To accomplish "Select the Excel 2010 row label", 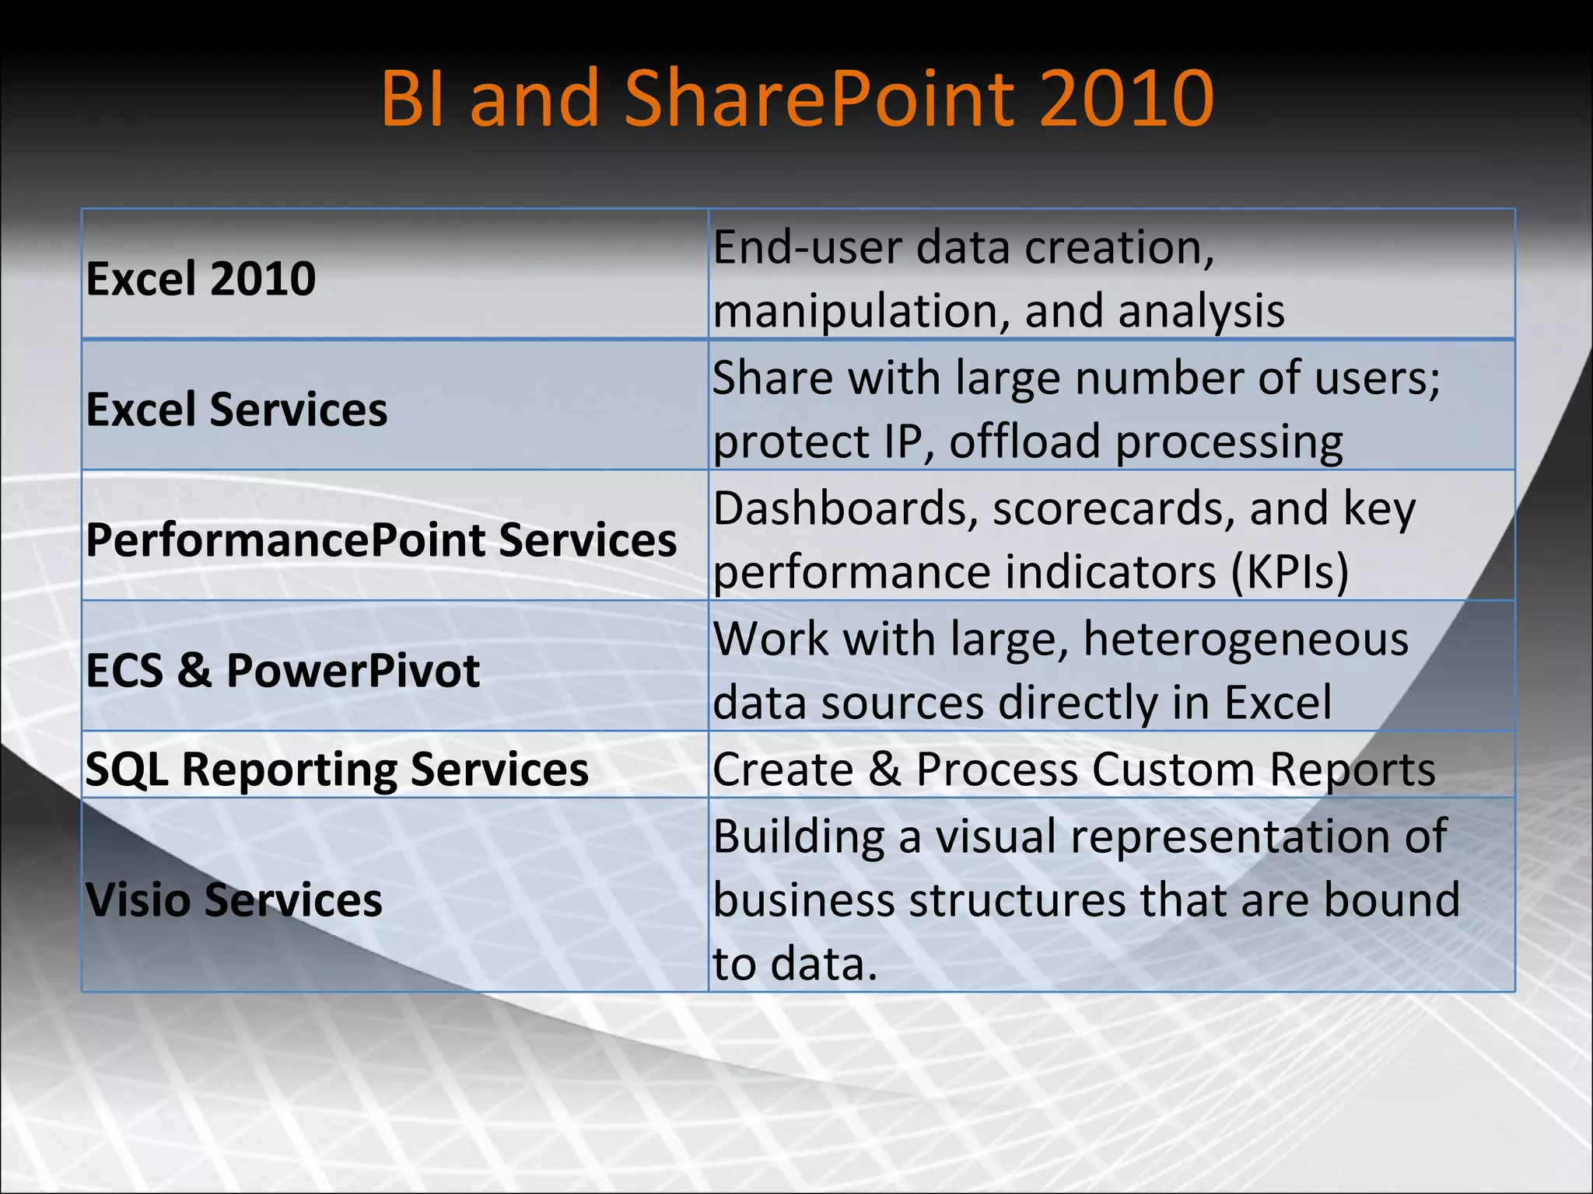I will [x=201, y=278].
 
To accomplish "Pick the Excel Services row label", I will [x=236, y=409].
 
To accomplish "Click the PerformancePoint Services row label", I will [x=381, y=539].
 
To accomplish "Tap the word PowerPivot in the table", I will [x=352, y=670].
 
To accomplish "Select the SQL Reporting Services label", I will [x=337, y=769].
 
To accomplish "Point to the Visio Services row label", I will [x=233, y=899].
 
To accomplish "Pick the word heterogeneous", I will [x=1245, y=639].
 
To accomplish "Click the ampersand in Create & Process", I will [x=884, y=769].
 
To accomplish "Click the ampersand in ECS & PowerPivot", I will [x=194, y=670].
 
